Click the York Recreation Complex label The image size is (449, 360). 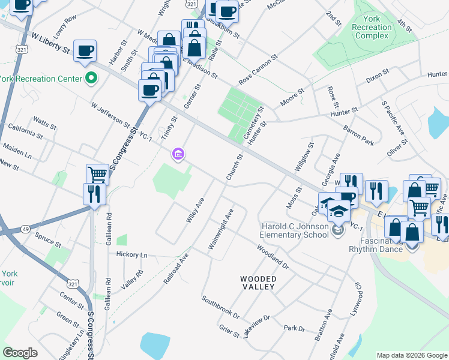click(372, 28)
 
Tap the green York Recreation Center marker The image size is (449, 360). click(91, 77)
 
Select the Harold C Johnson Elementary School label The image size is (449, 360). click(295, 230)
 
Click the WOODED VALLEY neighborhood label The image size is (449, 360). click(258, 283)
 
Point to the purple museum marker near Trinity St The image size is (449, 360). click(178, 155)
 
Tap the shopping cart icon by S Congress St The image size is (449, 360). click(97, 175)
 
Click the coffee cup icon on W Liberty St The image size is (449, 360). click(85, 51)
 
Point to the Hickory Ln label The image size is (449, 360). click(131, 255)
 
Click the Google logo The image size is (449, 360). click(20, 353)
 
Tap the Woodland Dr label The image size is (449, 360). click(273, 257)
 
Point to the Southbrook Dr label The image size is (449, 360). click(221, 307)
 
